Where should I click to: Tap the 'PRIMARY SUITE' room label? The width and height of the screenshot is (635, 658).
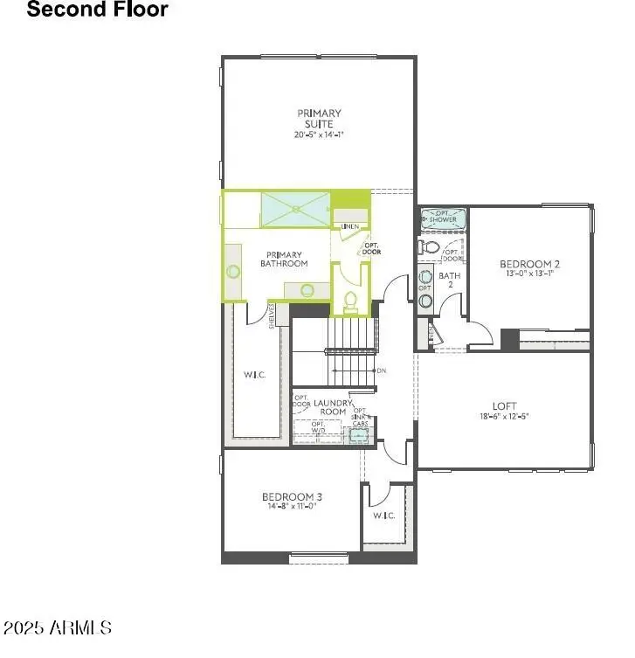point(319,118)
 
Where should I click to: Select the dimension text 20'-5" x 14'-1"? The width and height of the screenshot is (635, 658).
point(319,135)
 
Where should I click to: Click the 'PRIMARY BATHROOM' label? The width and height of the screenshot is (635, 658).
point(285,260)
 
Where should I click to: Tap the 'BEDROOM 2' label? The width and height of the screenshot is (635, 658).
point(529,264)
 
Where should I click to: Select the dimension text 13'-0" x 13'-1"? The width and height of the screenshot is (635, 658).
point(529,274)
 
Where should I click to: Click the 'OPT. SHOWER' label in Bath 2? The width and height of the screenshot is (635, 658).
point(444,216)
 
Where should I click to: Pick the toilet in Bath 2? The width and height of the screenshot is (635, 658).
point(429,247)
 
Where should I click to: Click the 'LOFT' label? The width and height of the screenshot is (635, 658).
point(504,406)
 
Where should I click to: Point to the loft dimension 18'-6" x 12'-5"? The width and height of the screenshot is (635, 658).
point(504,416)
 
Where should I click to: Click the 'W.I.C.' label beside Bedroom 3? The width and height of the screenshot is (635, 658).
point(384,516)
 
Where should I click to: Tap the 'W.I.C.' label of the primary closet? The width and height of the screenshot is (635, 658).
point(255,375)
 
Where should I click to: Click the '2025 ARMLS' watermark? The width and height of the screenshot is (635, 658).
point(58,627)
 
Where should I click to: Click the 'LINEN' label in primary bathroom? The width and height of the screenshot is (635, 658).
point(350,226)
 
